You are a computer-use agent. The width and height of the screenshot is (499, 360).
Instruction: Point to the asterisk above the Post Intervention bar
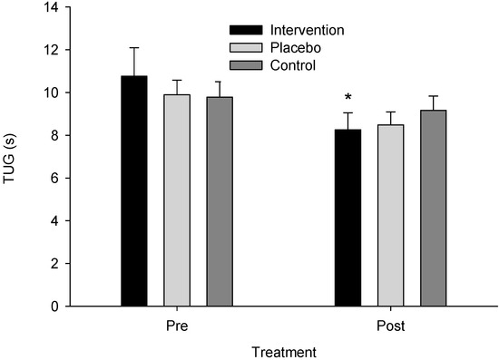[x=347, y=98]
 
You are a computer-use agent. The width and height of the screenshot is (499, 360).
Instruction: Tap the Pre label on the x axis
[x=177, y=325]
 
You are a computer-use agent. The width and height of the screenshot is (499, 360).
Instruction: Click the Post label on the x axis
[x=390, y=325]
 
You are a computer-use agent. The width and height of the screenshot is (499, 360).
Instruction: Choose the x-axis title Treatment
[x=284, y=349]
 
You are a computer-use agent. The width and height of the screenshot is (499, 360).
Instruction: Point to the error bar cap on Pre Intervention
[x=134, y=47]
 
